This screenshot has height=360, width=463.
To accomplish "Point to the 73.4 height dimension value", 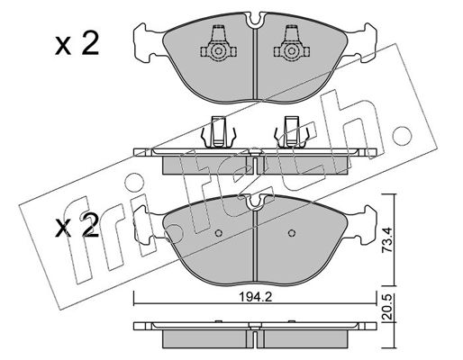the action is coord(387,239).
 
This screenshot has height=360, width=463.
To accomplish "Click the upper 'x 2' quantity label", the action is coord(77,45).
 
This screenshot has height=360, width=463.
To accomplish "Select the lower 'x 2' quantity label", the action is coord(77,226).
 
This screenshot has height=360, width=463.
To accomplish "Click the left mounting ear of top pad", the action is coord(148,43).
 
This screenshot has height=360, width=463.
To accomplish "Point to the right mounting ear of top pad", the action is coord(362,43).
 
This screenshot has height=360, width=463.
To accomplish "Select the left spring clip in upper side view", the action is coord(218,132).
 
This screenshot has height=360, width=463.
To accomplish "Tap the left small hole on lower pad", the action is coord(219,233).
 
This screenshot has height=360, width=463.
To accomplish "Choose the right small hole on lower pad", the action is coord(291,233).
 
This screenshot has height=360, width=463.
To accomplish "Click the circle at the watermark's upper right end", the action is coord(402,136).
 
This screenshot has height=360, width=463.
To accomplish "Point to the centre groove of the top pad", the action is coord(255,64).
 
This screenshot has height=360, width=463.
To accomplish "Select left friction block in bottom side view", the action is coord(205,339).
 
